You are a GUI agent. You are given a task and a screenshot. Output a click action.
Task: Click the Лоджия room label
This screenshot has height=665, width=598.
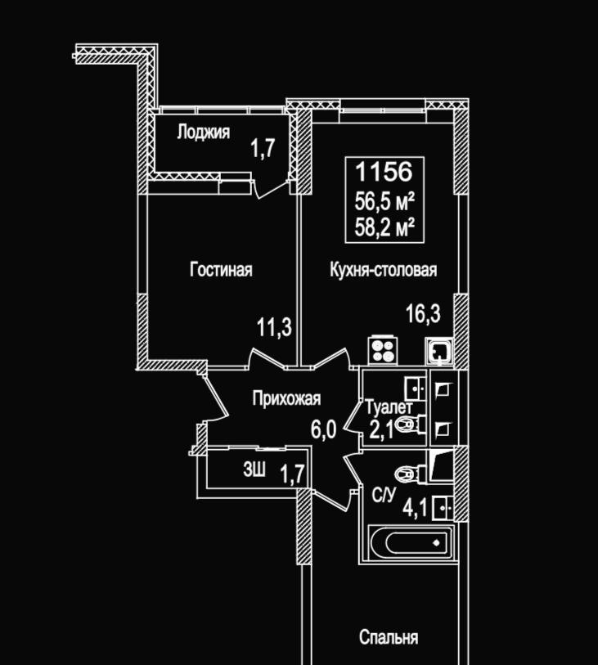[x=204, y=132]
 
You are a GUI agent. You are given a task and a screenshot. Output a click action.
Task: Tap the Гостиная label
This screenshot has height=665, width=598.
[x=221, y=270]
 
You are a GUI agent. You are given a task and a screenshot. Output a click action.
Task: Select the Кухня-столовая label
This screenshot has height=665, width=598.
[x=384, y=270]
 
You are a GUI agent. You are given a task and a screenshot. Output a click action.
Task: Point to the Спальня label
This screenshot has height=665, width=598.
[x=389, y=637]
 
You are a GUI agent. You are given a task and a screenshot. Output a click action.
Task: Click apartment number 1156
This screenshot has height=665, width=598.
[x=383, y=173]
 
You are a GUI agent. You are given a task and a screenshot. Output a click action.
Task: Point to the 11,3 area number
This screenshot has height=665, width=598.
[x=275, y=329]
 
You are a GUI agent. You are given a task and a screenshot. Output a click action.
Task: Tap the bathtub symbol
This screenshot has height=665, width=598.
[x=409, y=541]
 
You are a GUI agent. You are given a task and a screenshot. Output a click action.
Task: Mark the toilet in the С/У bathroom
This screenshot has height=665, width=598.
[x=407, y=472]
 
